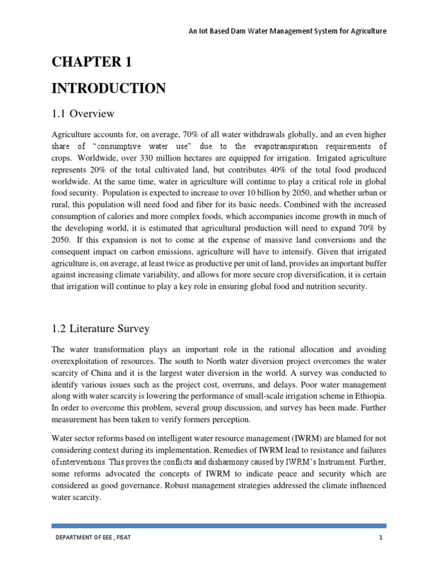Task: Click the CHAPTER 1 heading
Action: click(92, 62)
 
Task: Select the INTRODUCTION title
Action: click(109, 88)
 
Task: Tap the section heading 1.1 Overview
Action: click(83, 114)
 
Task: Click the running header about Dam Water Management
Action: click(287, 31)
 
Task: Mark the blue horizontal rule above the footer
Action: click(219, 526)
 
